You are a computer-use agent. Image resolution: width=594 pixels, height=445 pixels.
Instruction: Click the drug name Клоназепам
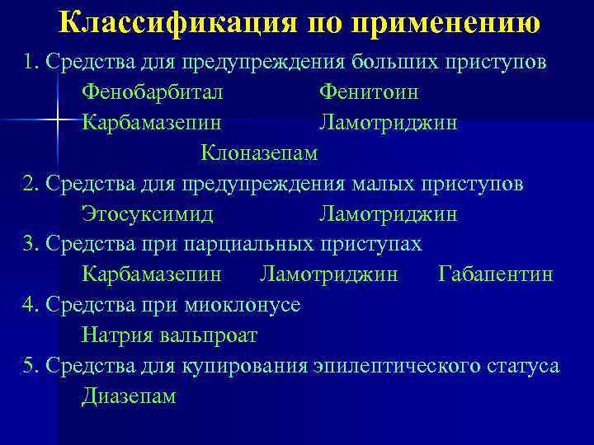point(258,152)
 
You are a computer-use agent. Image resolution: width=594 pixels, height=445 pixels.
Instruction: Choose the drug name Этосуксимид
point(148,213)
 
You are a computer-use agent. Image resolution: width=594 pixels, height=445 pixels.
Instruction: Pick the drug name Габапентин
point(496,274)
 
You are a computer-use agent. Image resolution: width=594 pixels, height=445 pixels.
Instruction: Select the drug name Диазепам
point(129,396)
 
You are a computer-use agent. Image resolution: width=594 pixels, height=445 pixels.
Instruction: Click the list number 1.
point(30,63)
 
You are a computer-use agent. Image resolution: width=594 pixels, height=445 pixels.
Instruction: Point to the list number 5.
point(30,365)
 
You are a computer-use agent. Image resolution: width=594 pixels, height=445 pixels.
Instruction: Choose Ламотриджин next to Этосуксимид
point(389,213)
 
